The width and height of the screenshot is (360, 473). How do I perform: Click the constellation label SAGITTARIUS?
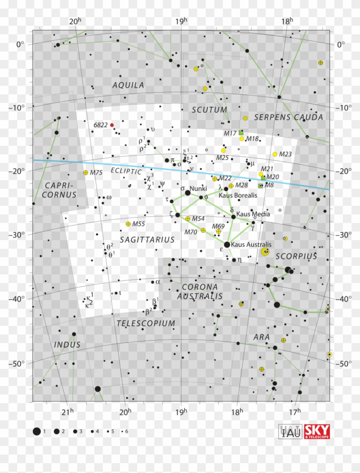point(147,240)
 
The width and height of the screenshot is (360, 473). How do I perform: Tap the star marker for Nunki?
point(188,193)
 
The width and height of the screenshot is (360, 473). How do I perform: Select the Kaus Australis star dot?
point(227,244)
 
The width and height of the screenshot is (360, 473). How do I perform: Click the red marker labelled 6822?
point(112,125)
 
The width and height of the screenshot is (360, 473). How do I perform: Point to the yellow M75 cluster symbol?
point(86,172)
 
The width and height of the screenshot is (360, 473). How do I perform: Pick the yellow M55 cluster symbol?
point(128,224)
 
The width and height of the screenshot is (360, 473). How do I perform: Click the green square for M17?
point(241,133)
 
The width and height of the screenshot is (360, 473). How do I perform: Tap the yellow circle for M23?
point(275,154)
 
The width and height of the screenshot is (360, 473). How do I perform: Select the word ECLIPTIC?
point(126,171)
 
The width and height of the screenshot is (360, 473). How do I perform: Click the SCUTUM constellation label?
point(210,110)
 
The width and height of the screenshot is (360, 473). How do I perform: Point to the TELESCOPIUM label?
point(146,323)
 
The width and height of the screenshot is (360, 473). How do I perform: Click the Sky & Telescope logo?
point(317,431)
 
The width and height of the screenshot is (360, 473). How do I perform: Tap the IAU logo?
point(291,431)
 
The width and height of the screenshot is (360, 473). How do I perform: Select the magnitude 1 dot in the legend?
point(37,431)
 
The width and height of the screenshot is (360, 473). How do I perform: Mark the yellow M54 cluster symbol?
point(188,219)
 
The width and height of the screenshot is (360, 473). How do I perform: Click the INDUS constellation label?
point(67,345)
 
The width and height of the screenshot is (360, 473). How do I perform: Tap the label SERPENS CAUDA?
point(288,117)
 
